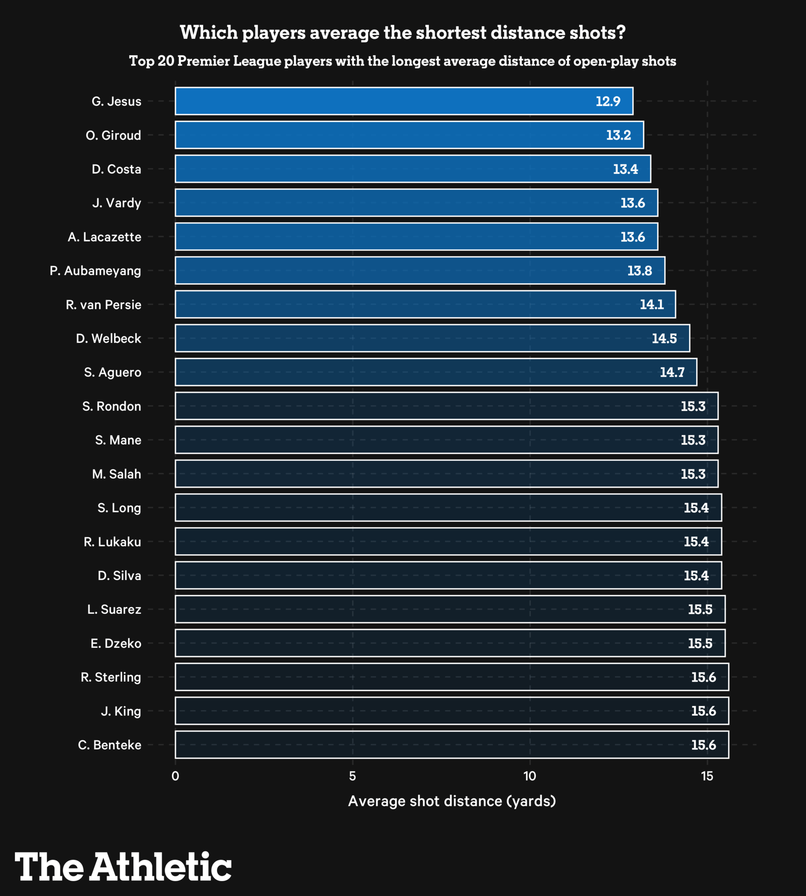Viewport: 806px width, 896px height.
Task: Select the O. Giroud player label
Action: click(x=113, y=135)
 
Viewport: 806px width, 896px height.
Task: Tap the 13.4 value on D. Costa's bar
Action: click(x=625, y=169)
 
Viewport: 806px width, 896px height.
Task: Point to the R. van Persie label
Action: click(x=104, y=305)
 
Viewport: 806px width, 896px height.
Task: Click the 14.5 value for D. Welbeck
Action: click(x=664, y=339)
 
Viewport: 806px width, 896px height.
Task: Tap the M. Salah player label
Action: click(x=116, y=474)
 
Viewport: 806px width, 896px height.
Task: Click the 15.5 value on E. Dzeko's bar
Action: click(x=700, y=644)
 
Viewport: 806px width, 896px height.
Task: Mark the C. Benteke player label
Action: click(x=110, y=745)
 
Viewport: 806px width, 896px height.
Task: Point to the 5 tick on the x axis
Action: click(x=352, y=777)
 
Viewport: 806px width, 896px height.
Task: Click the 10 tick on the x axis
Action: click(x=530, y=777)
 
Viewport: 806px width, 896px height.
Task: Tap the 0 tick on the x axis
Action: click(x=175, y=777)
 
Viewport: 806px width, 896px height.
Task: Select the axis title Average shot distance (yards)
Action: click(x=452, y=801)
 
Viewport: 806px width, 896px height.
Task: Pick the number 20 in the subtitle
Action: click(x=166, y=61)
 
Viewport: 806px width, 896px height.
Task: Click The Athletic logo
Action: click(x=123, y=867)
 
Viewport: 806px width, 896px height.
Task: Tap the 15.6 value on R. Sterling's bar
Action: click(x=703, y=677)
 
